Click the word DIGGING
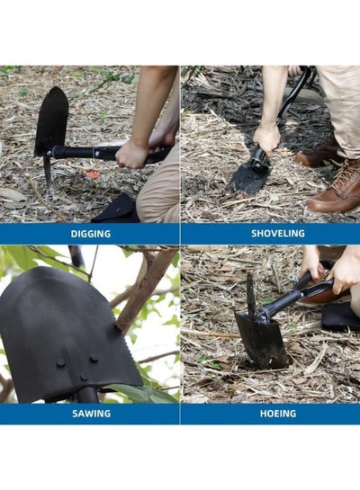90,234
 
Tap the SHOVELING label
278,234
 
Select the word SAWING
91,414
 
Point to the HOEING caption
278,414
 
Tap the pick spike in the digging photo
48,171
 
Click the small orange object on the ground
93,175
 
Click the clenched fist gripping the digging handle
131,155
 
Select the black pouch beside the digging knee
117,209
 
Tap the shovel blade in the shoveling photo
247,180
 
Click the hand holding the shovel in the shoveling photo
266,138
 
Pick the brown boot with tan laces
337,189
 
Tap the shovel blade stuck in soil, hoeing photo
262,341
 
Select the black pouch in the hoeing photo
341,316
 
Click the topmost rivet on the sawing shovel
94,358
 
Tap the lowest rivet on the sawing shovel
85,378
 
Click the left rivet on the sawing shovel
61,363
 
